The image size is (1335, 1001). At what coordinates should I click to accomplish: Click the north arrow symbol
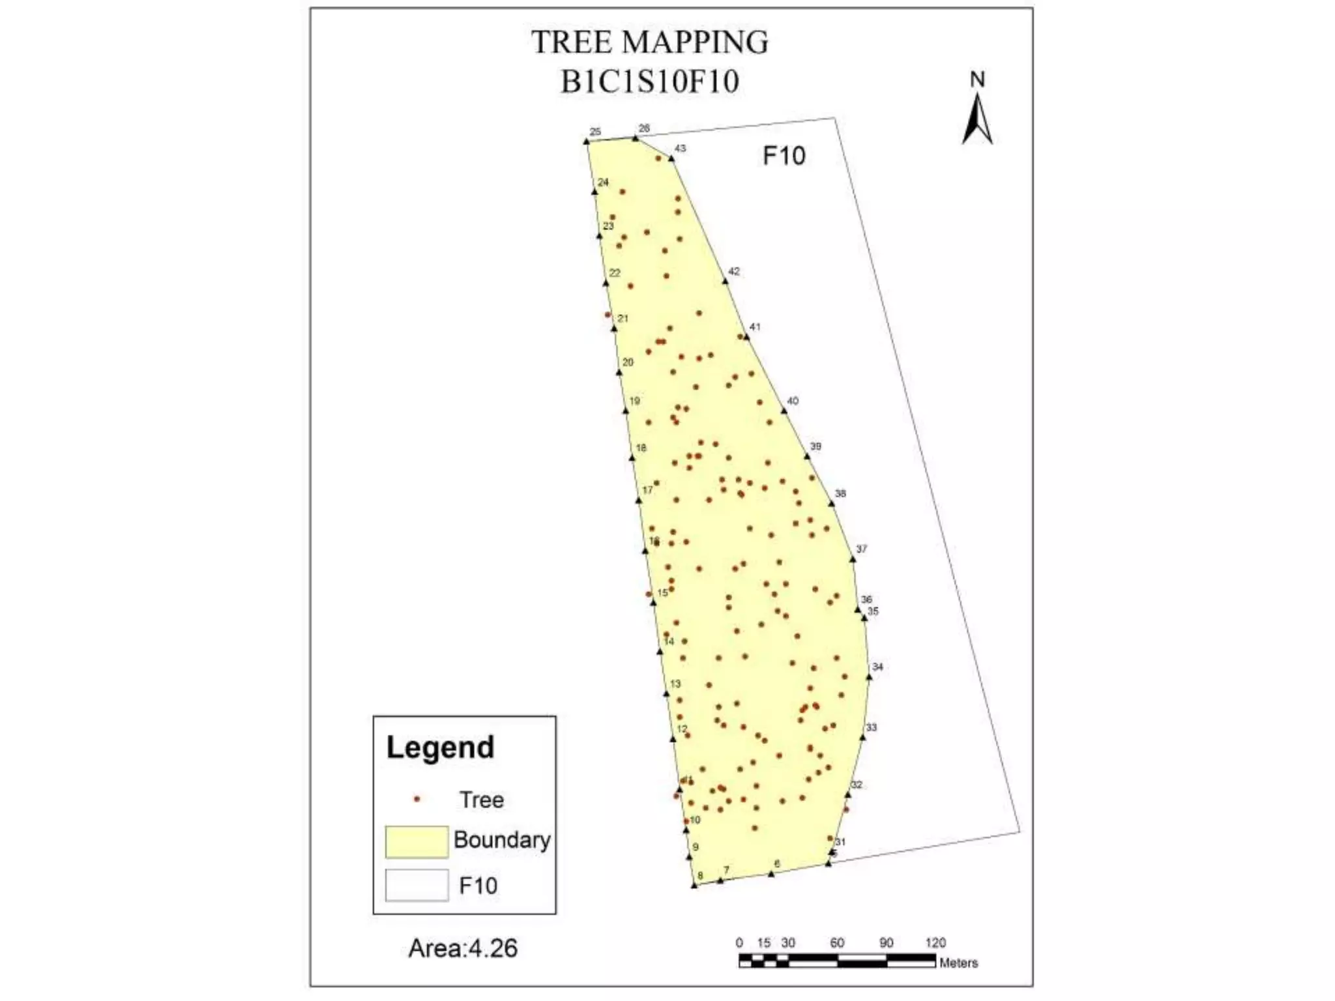pyautogui.click(x=977, y=119)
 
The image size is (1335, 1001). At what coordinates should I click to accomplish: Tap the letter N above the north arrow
pyautogui.click(x=977, y=80)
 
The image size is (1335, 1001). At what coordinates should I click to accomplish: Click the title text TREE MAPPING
pyautogui.click(x=650, y=42)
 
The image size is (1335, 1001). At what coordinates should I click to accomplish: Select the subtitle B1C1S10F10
pyautogui.click(x=650, y=82)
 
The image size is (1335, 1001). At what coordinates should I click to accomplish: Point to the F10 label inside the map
pyautogui.click(x=784, y=156)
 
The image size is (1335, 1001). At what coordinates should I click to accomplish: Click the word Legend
pyautogui.click(x=440, y=747)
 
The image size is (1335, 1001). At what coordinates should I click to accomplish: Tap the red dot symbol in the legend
pyautogui.click(x=417, y=799)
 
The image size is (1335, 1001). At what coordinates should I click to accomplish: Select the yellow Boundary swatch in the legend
pyautogui.click(x=417, y=841)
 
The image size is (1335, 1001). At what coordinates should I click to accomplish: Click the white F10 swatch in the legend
pyautogui.click(x=417, y=886)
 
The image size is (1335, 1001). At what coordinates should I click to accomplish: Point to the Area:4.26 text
pyautogui.click(x=463, y=948)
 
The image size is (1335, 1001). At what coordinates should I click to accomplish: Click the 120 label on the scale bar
pyautogui.click(x=935, y=942)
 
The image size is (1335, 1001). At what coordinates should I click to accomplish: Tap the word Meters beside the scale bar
pyautogui.click(x=958, y=963)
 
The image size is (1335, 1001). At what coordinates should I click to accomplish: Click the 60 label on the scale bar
pyautogui.click(x=837, y=942)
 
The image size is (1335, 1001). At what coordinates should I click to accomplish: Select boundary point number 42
pyautogui.click(x=734, y=272)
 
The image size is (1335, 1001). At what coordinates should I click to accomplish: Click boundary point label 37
pyautogui.click(x=862, y=549)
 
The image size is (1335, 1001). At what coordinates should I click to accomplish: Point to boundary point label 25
pyautogui.click(x=594, y=132)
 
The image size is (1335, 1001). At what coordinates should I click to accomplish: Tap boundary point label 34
pyautogui.click(x=877, y=667)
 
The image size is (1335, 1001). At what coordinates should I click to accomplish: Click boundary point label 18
pyautogui.click(x=641, y=448)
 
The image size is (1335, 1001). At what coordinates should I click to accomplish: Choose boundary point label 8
pyautogui.click(x=700, y=876)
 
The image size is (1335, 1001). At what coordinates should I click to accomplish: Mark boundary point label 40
pyautogui.click(x=793, y=401)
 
